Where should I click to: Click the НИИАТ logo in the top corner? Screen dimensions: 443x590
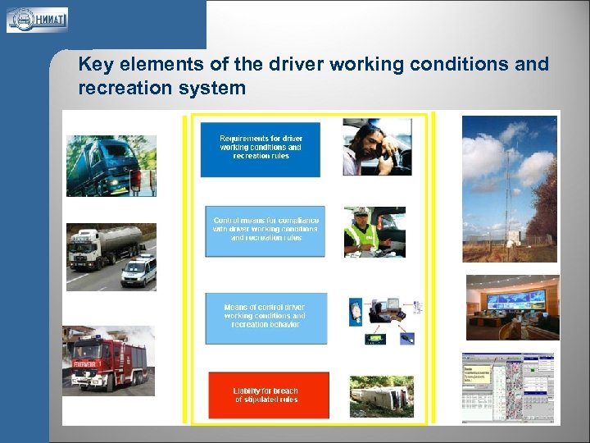click(37, 20)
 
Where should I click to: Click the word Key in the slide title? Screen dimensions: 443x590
click(95, 65)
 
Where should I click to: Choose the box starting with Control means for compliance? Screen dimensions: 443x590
click(265, 231)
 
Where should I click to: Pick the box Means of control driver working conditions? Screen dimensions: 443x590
click(265, 317)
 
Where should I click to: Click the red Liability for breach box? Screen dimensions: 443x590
click(268, 395)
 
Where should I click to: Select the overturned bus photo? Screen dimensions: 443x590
click(381, 397)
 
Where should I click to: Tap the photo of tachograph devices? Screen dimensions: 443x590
click(384, 320)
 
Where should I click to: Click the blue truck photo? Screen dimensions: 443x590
click(110, 166)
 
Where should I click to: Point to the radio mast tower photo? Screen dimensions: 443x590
click(509, 188)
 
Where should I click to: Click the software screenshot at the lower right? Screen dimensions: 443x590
click(508, 388)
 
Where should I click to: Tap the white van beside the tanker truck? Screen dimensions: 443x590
click(138, 272)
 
